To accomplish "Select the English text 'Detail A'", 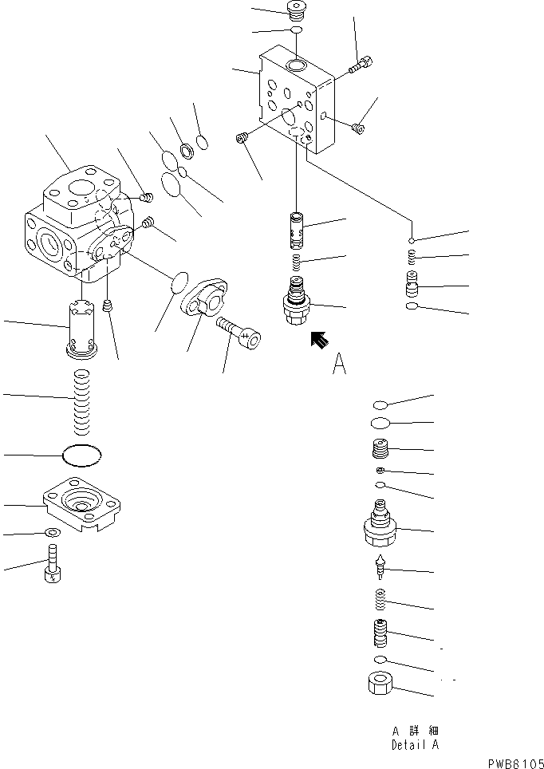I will (414, 745).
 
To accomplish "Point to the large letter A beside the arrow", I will (339, 365).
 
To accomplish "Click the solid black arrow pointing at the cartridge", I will (320, 340).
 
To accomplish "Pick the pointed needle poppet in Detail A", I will (380, 567).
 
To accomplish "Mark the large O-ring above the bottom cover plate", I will (82, 455).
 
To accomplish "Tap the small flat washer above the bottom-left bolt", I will (52, 533).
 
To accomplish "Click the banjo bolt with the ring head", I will (238, 335).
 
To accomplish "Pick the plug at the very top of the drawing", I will (298, 10).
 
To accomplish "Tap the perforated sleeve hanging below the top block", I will (297, 229).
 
